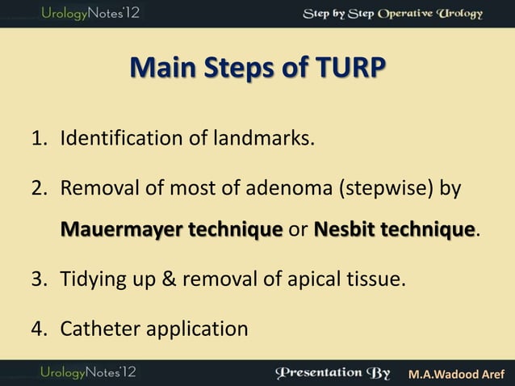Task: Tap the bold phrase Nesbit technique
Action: pyautogui.click(x=394, y=231)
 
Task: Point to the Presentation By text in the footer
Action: pyautogui.click(x=333, y=373)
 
